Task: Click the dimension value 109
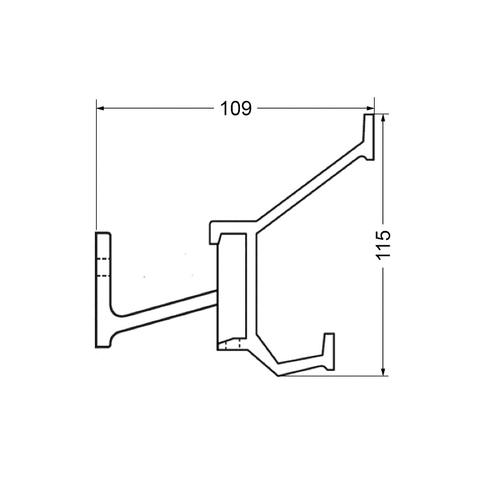(235, 109)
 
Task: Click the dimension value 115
(384, 245)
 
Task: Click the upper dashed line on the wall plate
(103, 259)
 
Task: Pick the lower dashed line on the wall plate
(103, 276)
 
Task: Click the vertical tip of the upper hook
(368, 135)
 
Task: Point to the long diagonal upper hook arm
(310, 180)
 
